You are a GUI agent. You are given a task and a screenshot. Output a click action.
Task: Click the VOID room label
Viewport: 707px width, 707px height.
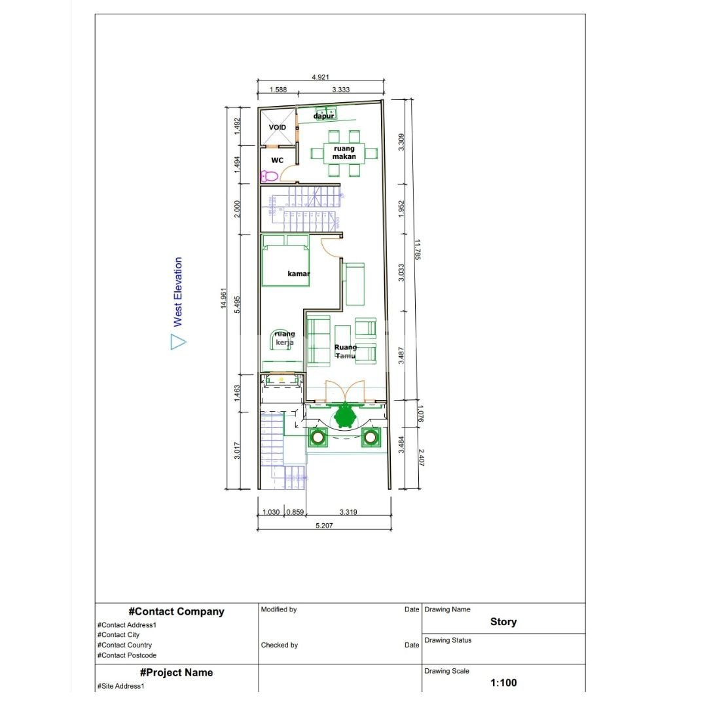point(278,127)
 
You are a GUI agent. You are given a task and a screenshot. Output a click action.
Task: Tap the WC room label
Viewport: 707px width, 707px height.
point(278,160)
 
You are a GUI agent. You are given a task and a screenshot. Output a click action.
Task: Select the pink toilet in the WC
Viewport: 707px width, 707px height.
point(269,175)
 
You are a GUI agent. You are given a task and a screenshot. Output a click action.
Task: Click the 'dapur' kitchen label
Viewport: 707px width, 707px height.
point(323,116)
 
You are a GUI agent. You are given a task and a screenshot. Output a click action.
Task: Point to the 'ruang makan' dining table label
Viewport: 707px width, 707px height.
point(343,153)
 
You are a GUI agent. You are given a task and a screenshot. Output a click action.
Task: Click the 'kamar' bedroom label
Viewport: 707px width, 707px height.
point(299,274)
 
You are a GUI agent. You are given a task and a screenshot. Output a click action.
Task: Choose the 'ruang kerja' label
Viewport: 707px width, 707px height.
point(284,338)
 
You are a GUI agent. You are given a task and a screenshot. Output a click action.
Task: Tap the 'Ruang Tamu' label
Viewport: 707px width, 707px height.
point(346,352)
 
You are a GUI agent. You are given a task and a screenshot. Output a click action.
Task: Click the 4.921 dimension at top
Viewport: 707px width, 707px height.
point(320,77)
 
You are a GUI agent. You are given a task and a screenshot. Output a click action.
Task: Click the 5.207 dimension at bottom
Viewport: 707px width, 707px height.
point(325,525)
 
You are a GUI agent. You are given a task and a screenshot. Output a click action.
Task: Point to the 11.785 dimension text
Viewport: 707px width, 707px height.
point(417,249)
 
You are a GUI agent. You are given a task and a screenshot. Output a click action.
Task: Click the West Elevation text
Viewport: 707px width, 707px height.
point(178,292)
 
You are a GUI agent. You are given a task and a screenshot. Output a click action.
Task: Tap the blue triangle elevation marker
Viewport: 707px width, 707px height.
point(178,342)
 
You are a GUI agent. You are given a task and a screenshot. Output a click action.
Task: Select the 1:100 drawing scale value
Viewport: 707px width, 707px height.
point(503,683)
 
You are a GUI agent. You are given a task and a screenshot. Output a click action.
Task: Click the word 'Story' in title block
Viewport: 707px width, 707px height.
point(503,622)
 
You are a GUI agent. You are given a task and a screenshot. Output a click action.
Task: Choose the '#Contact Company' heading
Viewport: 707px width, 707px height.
point(176,611)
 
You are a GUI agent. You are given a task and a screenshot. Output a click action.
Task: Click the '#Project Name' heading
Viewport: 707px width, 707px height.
point(176,672)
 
